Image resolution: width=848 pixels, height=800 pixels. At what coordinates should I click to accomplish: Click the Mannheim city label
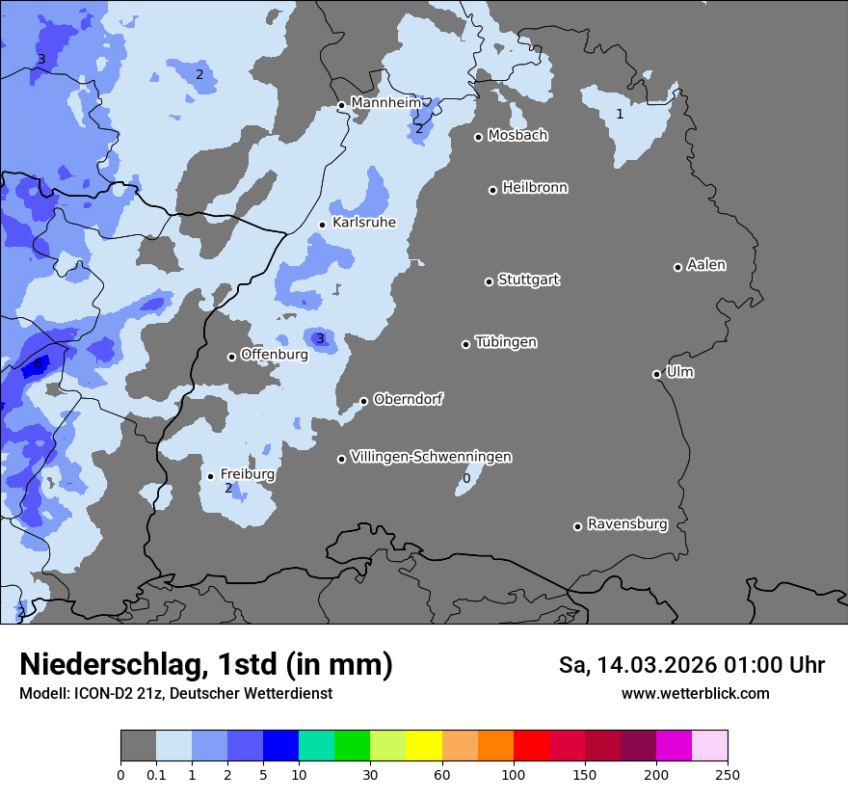pyautogui.click(x=385, y=102)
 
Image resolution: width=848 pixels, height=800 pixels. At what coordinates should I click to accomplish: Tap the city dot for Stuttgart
pyautogui.click(x=489, y=281)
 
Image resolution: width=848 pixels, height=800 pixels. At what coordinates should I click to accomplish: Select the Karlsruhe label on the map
pyautogui.click(x=363, y=223)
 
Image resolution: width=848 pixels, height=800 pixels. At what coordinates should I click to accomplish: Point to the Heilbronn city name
pyautogui.click(x=535, y=188)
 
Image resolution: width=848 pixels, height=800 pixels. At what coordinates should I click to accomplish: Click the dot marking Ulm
pyautogui.click(x=656, y=374)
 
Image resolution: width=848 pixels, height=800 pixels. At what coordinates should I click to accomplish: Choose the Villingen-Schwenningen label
pyautogui.click(x=431, y=457)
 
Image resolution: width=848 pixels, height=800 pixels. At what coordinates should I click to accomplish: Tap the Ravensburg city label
pyautogui.click(x=626, y=524)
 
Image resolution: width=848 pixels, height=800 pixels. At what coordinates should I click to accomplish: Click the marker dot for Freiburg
pyautogui.click(x=210, y=476)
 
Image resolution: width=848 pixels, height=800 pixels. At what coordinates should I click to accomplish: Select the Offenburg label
pyautogui.click(x=274, y=355)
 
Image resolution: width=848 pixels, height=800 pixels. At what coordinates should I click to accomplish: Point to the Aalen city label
pyautogui.click(x=706, y=265)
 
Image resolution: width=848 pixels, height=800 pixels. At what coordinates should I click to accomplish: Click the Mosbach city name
pyautogui.click(x=517, y=136)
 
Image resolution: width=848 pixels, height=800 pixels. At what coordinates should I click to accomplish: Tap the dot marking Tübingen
pyautogui.click(x=465, y=344)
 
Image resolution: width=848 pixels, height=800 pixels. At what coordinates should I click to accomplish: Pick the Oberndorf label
pyautogui.click(x=408, y=399)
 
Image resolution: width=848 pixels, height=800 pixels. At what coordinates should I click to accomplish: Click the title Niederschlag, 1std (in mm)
pyautogui.click(x=205, y=664)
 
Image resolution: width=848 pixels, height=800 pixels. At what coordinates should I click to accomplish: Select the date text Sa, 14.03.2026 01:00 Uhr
pyautogui.click(x=691, y=665)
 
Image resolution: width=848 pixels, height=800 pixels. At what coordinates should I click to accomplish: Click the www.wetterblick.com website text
pyautogui.click(x=695, y=693)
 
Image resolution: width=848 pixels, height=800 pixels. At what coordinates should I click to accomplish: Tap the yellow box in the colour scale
pyautogui.click(x=423, y=745)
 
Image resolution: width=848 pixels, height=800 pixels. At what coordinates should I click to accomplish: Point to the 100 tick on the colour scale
pyautogui.click(x=513, y=774)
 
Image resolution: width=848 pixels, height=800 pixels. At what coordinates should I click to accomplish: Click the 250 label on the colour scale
pyautogui.click(x=728, y=774)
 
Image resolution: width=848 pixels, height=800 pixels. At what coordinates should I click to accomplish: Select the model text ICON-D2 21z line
pyautogui.click(x=175, y=693)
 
